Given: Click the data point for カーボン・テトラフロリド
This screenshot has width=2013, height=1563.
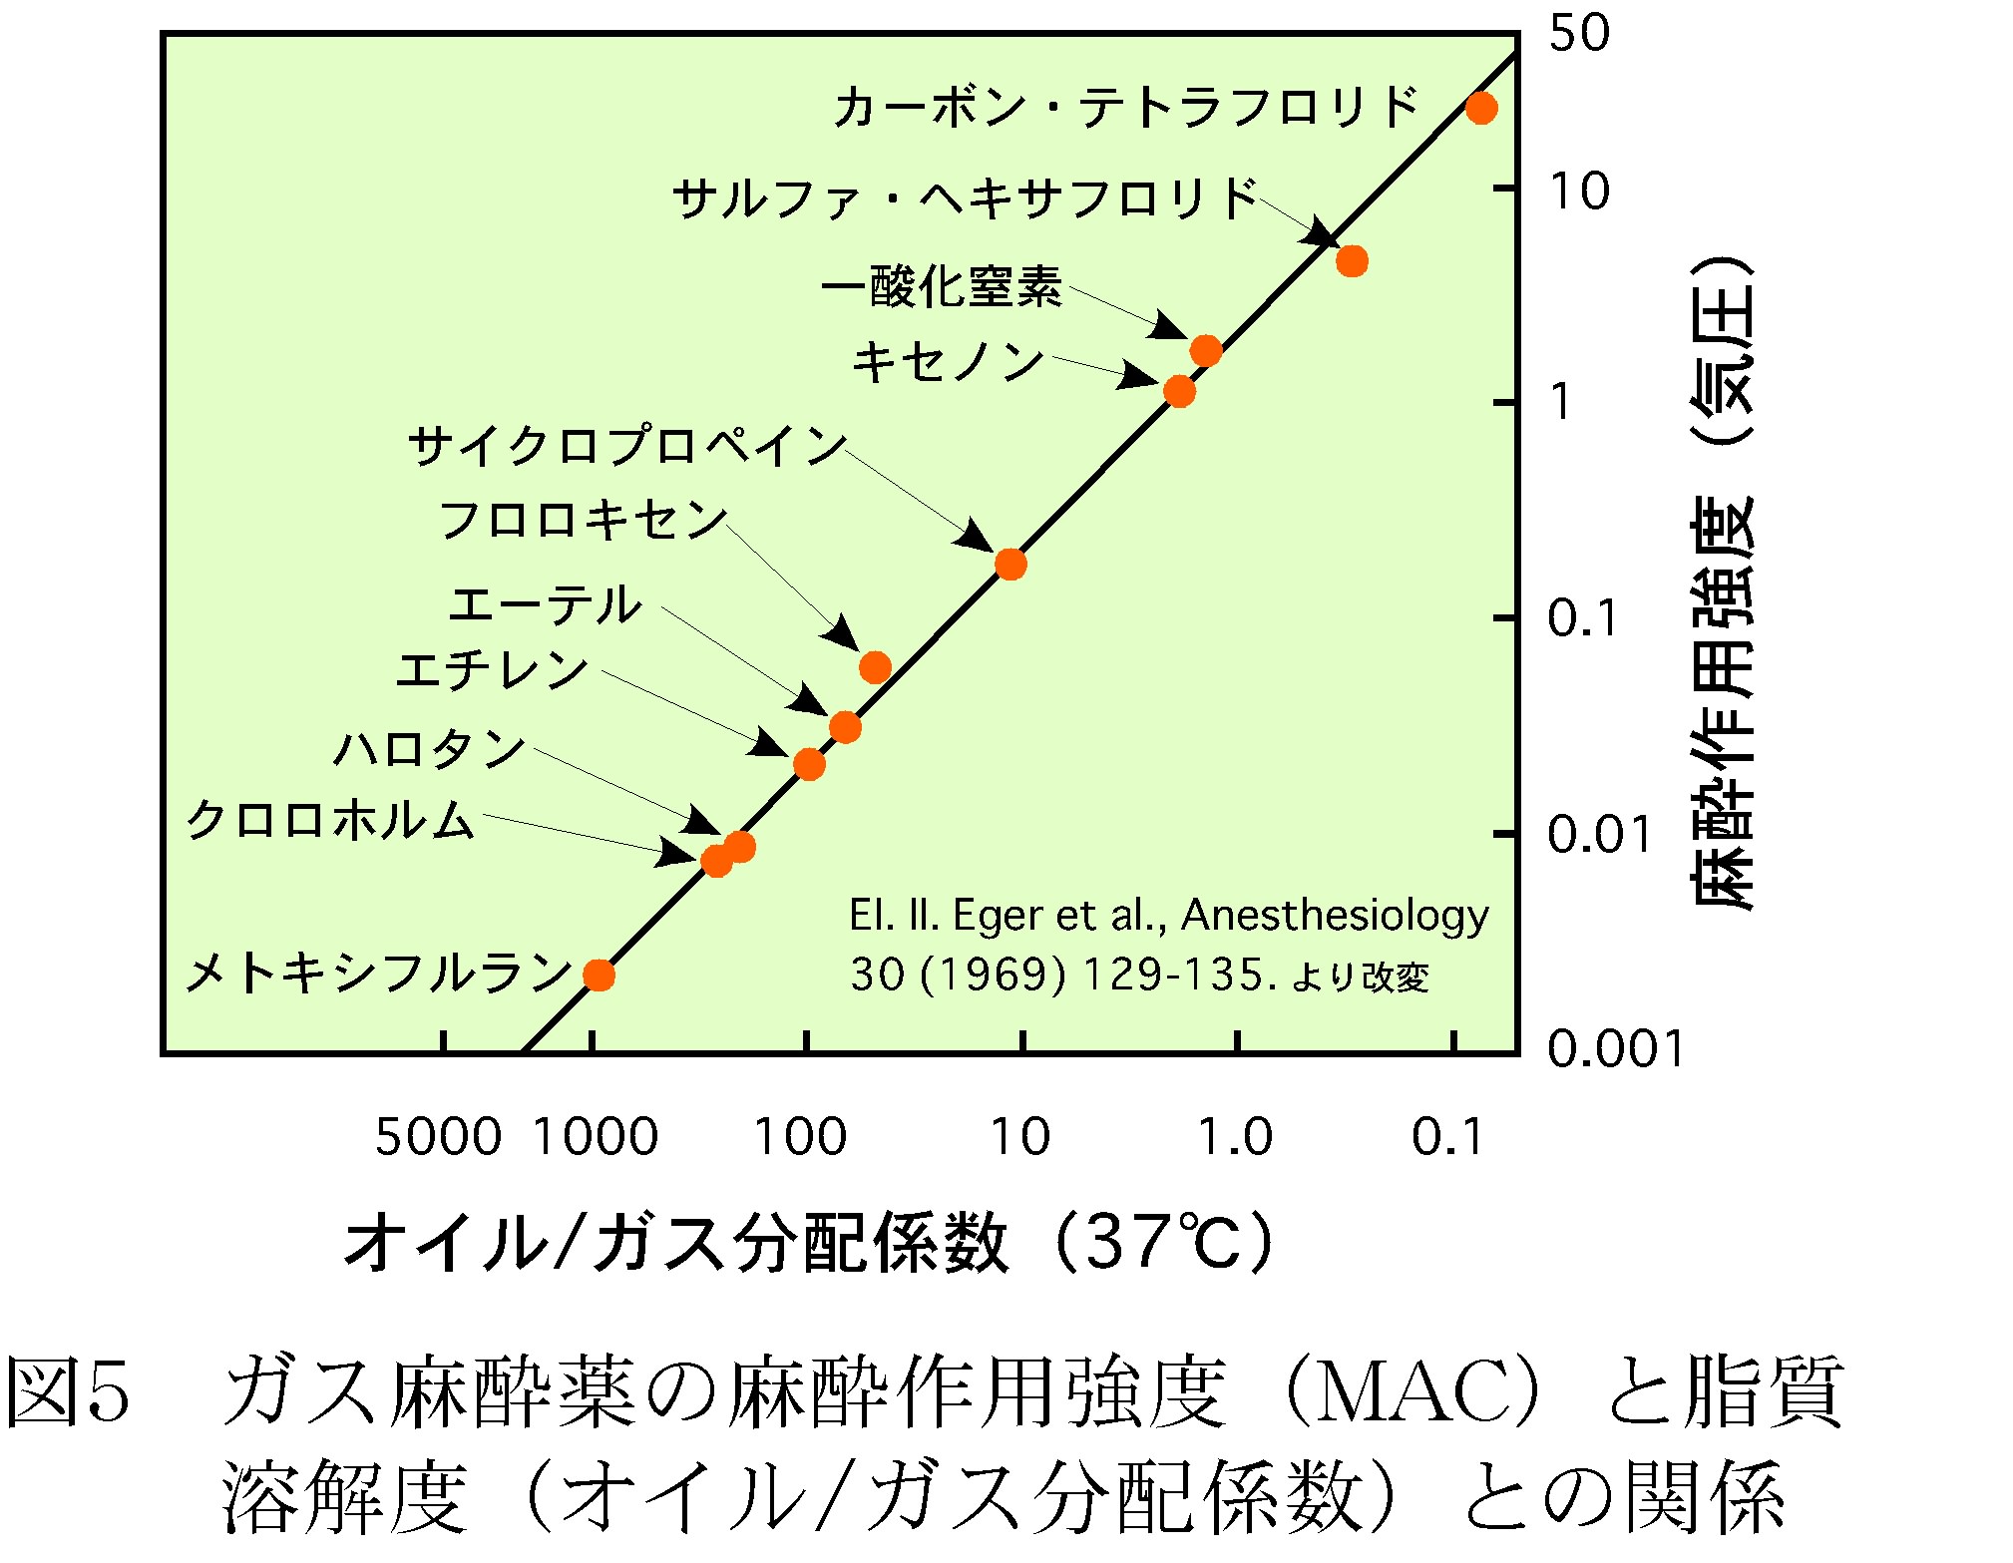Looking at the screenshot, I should pos(1480,108).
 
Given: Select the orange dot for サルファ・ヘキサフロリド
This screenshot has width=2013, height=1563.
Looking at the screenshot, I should pos(1351,261).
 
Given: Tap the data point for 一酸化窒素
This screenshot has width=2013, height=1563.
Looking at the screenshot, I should pos(1206,350).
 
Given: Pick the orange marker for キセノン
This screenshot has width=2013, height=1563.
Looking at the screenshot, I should pos(1179,392).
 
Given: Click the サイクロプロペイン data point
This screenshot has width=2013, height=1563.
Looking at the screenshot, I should pos(1010,565).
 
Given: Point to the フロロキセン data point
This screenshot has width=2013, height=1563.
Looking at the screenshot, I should pos(875,667).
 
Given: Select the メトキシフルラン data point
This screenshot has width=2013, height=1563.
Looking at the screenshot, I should pos(599,975).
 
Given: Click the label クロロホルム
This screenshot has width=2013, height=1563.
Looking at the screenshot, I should pos(330,820).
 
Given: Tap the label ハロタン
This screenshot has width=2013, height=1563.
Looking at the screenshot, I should pos(429,748).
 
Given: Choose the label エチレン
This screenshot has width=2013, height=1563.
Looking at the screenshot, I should pos(492,669).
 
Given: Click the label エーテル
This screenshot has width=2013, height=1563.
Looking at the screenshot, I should pos(545,604).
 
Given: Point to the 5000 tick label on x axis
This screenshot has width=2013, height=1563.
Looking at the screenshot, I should pos(437,1137).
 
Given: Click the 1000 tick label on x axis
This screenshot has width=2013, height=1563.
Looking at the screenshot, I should pos(596,1137).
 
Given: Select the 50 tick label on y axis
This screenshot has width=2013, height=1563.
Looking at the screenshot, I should pos(1579,33).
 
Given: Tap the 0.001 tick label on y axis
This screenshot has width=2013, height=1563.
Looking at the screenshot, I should pos(1615,1049).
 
